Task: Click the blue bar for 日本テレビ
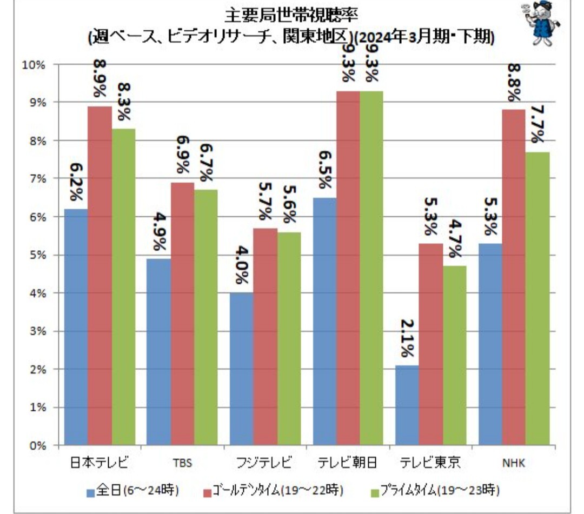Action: click(x=76, y=327)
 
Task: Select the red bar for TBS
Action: click(x=182, y=313)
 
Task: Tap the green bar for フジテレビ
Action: click(x=289, y=339)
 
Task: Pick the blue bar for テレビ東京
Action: click(x=407, y=405)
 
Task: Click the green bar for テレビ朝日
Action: click(x=371, y=268)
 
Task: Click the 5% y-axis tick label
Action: click(x=36, y=255)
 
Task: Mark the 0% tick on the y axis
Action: click(x=36, y=446)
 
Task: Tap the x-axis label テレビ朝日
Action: click(x=347, y=463)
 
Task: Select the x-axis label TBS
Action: click(x=182, y=463)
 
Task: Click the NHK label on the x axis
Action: click(x=513, y=463)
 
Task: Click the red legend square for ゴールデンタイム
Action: click(x=208, y=491)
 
